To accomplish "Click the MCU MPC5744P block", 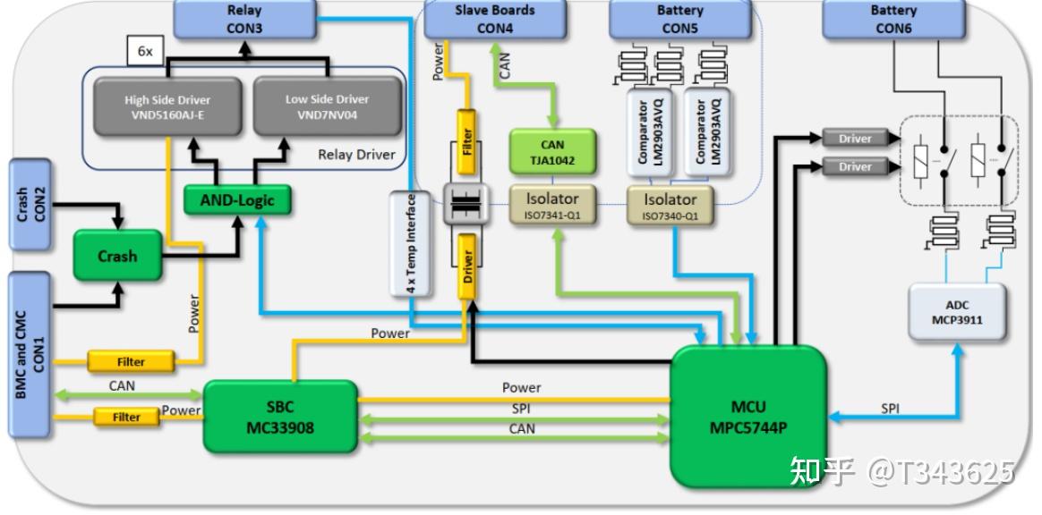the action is coord(749,416).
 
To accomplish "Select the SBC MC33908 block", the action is coord(280,416).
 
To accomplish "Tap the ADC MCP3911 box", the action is coord(957,313).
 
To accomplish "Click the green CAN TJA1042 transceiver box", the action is coord(552,152).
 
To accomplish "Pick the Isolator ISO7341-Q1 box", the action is coord(552,205).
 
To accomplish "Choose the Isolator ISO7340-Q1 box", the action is coord(670,205).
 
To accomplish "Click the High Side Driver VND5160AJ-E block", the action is coord(167,107).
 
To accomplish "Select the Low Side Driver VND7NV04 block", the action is coord(328,106).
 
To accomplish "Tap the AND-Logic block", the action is coord(237,199).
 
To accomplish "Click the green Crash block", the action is coord(117,256).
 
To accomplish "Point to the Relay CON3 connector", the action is coord(244,19).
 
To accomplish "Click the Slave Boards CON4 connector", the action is coord(495,19).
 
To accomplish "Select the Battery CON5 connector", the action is coord(679,19).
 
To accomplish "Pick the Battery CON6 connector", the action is coord(893,19).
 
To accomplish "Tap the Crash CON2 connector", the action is coord(30,205).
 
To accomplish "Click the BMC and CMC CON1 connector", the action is coord(30,355).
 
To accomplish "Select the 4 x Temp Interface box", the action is coord(411,243).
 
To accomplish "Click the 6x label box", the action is coord(145,50).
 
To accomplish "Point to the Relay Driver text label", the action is coord(356,155).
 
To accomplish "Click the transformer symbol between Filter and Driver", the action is coord(466,205).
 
